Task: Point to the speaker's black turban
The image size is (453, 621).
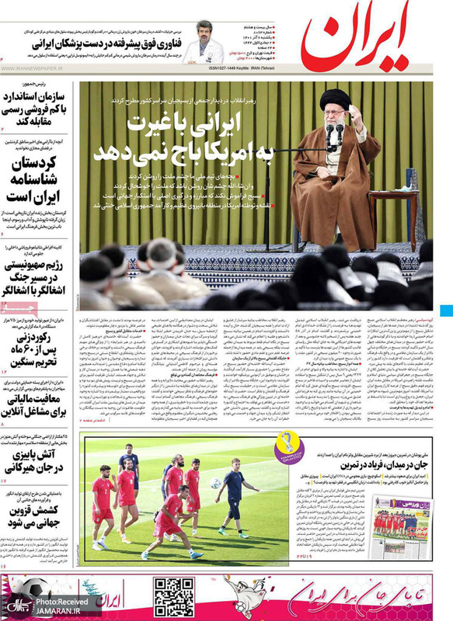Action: pyautogui.click(x=335, y=99)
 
